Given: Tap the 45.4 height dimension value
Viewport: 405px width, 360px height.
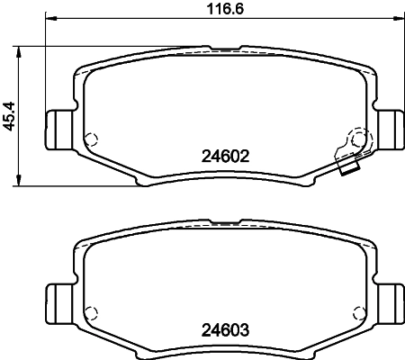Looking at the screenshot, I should click(12, 117).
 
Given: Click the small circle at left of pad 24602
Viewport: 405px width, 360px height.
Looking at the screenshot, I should click(89, 139).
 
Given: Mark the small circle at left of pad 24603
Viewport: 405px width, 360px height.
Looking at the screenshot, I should click(89, 311).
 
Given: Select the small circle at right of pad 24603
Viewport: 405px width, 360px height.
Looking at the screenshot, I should click(358, 311).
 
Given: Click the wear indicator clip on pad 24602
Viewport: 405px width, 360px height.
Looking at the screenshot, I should click(352, 148).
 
